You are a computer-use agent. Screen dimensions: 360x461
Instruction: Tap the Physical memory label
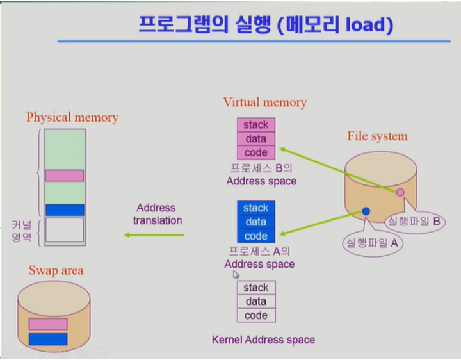tap(72, 117)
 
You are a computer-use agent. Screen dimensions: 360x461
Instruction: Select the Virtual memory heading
tap(264, 102)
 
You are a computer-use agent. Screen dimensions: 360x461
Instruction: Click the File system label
tap(377, 136)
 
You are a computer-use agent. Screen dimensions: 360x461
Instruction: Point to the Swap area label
tap(56, 270)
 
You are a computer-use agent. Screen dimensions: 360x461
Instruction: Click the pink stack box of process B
tap(256, 124)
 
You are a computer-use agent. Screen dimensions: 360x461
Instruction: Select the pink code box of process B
tap(256, 152)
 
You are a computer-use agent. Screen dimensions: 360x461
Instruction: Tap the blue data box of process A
tap(256, 222)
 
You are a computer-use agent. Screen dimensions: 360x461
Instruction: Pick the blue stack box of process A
tap(256, 208)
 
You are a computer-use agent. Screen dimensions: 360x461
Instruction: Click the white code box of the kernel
tap(256, 315)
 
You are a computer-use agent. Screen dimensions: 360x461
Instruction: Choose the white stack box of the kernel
tap(256, 288)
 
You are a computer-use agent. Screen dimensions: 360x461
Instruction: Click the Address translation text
tap(157, 214)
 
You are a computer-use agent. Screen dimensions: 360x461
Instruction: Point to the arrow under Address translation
tap(154, 235)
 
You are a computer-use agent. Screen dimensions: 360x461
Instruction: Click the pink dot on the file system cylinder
tap(400, 192)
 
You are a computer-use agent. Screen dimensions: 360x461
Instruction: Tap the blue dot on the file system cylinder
tap(366, 211)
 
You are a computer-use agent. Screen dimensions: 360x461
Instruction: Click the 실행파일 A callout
tap(372, 243)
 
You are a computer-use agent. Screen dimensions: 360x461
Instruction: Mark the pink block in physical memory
tap(64, 176)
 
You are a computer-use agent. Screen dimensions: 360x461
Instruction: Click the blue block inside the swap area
tap(48, 339)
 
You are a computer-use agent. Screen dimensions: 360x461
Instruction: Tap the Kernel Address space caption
tap(263, 340)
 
